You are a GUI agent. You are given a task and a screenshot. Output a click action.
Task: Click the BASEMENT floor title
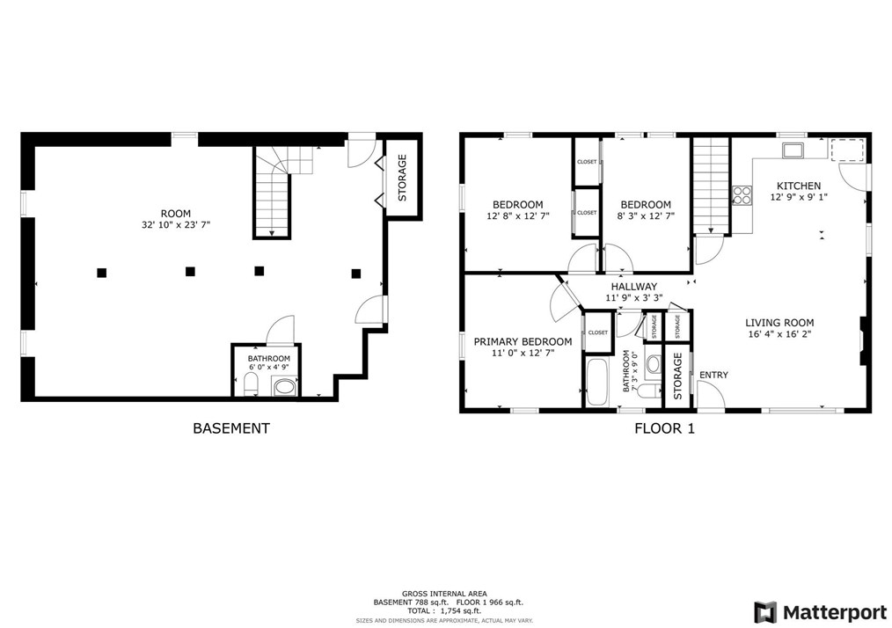coord(230,428)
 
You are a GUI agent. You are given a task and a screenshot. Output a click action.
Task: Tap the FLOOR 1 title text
coord(664,428)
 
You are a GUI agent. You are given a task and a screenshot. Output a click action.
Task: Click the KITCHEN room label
coord(798,186)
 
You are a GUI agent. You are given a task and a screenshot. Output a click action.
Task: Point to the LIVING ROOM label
coord(779,323)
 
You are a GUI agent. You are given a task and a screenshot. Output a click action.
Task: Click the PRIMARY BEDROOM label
coord(523,342)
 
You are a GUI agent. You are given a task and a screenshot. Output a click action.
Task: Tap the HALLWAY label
coord(633,287)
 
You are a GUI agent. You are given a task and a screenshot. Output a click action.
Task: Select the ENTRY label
coord(713,376)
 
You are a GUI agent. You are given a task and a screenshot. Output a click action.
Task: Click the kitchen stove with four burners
coord(742,195)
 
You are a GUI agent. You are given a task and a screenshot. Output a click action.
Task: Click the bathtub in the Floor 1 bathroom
coord(596,381)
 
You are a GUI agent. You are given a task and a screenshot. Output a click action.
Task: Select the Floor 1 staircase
coord(711,186)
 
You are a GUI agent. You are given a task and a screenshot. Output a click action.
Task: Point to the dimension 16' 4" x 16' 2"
coord(779,335)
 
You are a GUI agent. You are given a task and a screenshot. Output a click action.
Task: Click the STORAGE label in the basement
coord(402,178)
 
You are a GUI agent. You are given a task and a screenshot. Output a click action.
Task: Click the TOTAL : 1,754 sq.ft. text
coord(445,610)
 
